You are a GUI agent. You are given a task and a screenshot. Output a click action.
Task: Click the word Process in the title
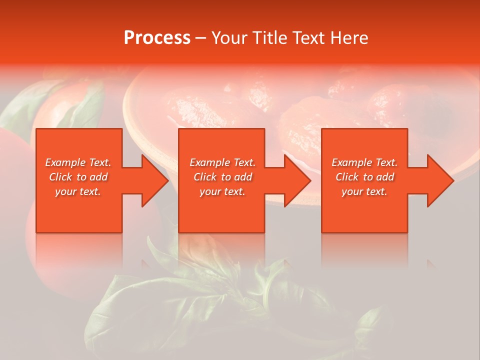point(157,37)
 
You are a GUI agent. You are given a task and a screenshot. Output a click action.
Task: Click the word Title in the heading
point(270,37)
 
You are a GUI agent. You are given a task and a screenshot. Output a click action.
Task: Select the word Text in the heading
point(309,37)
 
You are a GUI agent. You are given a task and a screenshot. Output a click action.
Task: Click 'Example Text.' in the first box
point(78,162)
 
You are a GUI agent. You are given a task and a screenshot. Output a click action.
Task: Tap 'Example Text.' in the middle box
point(222,162)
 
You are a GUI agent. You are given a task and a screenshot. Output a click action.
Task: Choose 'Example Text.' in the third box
point(364,162)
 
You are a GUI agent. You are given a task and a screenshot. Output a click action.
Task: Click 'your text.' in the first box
point(78,191)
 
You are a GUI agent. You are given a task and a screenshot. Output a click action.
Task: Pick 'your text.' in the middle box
point(222,191)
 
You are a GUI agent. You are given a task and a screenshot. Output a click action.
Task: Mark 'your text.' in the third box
point(364,191)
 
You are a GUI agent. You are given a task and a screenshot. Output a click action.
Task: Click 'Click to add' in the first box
point(78,177)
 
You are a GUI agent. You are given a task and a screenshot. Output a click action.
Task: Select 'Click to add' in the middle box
point(222,177)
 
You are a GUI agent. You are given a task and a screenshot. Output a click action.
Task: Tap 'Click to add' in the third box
point(364,177)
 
